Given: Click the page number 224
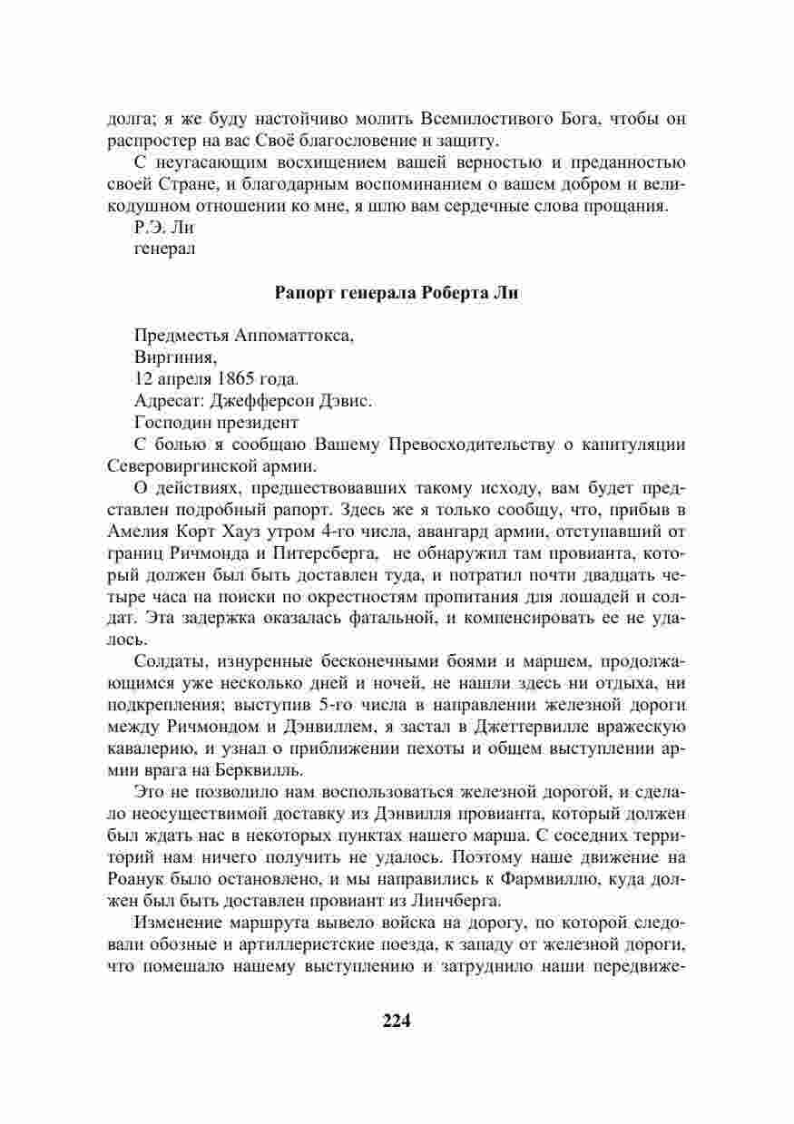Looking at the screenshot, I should (397, 1021).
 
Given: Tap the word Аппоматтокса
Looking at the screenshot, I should (294, 336).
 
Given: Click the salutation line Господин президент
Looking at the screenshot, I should (216, 422).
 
